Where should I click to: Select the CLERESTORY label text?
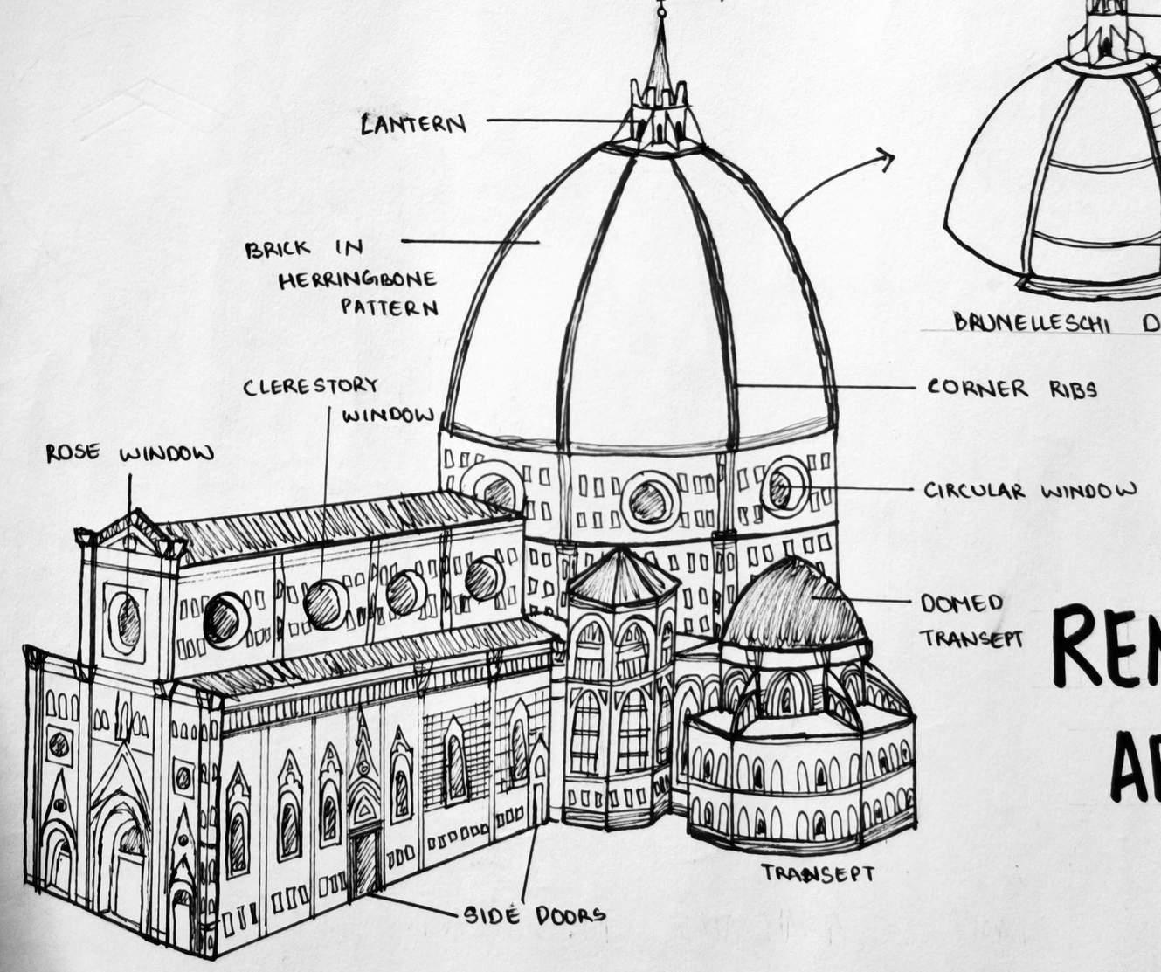[311, 386]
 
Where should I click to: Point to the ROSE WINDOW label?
[130, 453]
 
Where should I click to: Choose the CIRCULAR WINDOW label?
[1030, 491]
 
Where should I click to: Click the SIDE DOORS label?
[534, 914]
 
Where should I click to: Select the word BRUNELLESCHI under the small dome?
[1032, 323]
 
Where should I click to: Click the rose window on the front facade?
[128, 617]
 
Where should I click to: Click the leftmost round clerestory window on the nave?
[225, 617]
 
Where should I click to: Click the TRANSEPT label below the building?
[817, 872]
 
